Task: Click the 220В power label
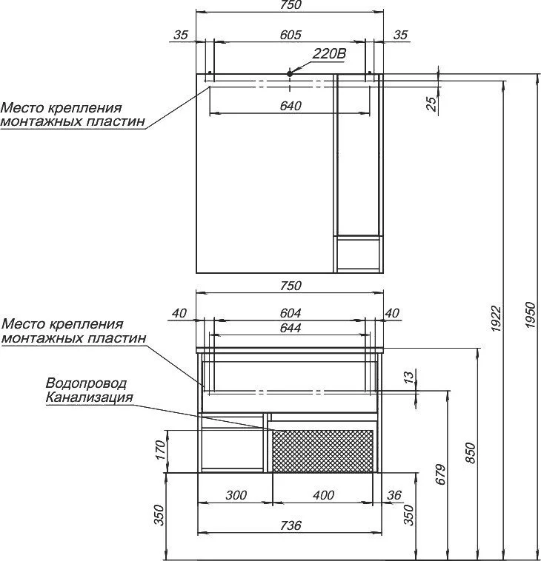(x=329, y=54)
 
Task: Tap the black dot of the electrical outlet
(x=290, y=73)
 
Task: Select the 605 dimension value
(x=291, y=35)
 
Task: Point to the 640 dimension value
(x=291, y=106)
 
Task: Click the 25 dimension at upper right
(x=433, y=104)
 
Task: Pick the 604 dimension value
(x=291, y=313)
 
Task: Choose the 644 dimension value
(x=291, y=328)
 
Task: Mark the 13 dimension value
(x=408, y=376)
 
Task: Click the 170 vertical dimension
(x=161, y=450)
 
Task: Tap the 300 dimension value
(x=236, y=495)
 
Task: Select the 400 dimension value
(x=324, y=495)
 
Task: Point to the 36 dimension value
(x=394, y=495)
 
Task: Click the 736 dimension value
(x=291, y=525)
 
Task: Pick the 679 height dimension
(x=441, y=474)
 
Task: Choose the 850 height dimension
(x=471, y=453)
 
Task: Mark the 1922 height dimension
(x=497, y=318)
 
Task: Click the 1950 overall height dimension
(x=530, y=315)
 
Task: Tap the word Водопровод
(x=86, y=383)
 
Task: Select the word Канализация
(x=90, y=397)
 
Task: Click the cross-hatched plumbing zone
(x=323, y=451)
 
